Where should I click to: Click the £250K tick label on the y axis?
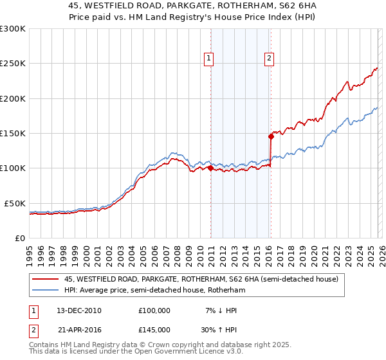pyautogui.click(x=13, y=64)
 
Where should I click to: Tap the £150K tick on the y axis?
pyautogui.click(x=13, y=134)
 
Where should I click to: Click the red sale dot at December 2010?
pyautogui.click(x=210, y=168)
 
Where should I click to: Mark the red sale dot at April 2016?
pyautogui.click(x=271, y=136)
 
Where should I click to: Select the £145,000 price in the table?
pyautogui.click(x=154, y=329)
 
